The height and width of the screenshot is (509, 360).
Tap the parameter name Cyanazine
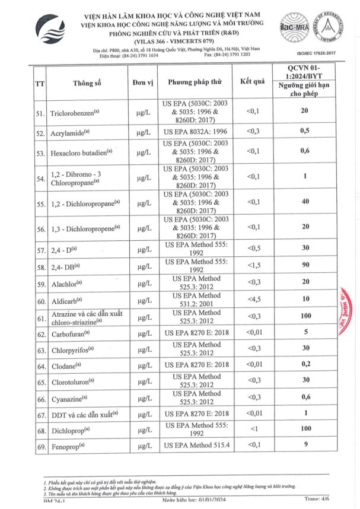(69, 399)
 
